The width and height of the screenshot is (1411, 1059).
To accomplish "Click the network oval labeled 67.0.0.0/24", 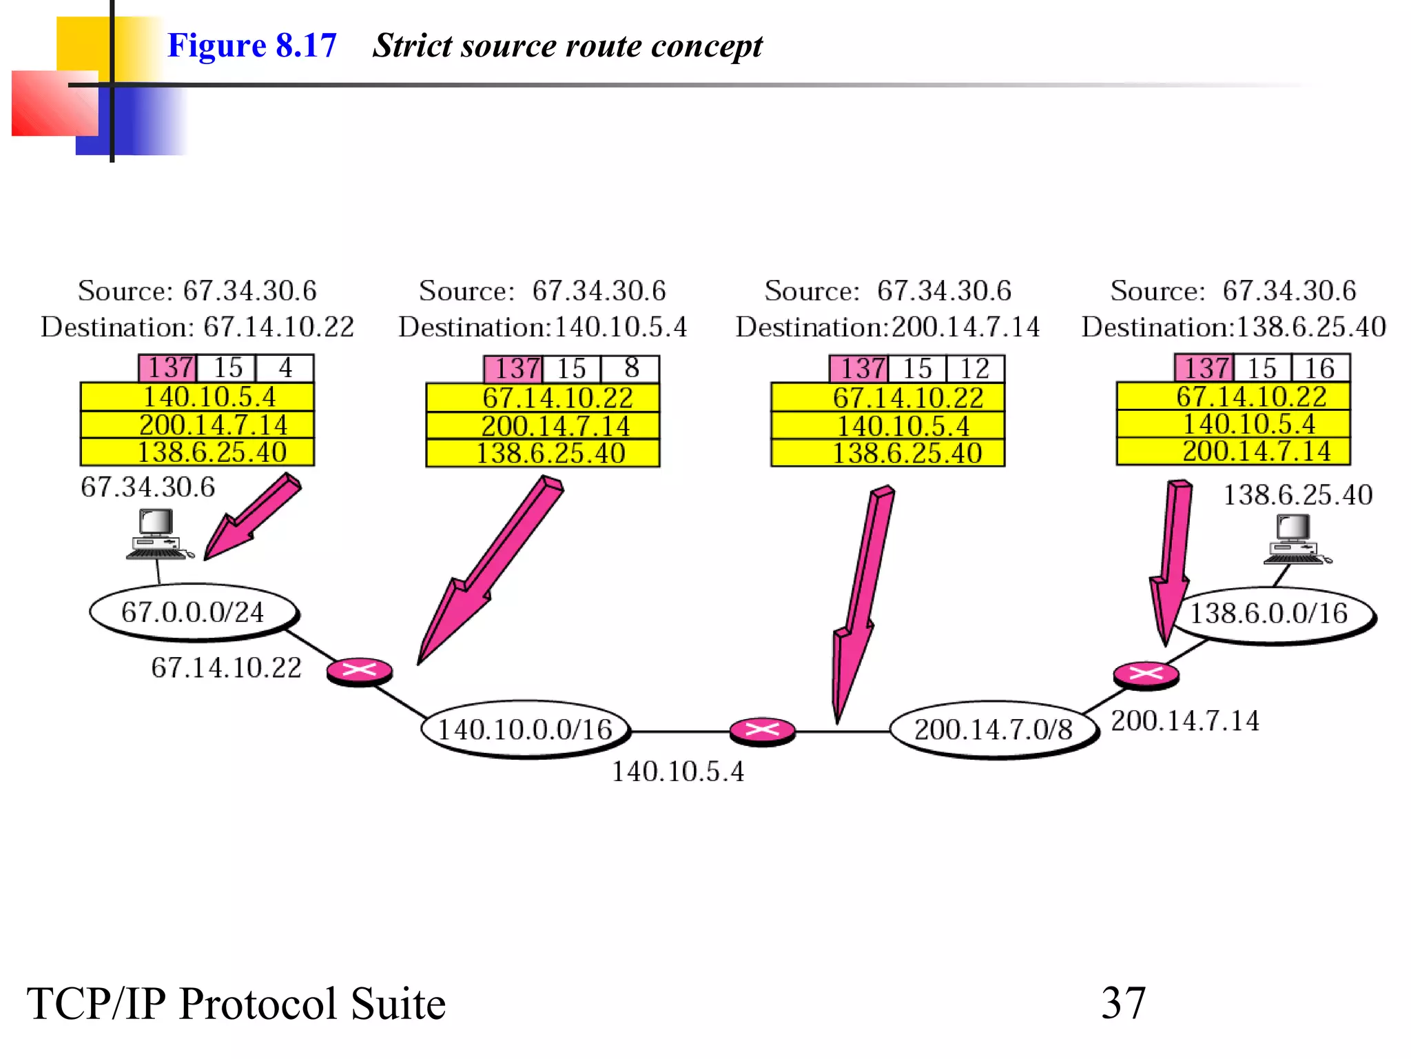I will tap(194, 612).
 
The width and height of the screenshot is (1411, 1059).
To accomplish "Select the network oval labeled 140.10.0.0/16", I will tap(526, 729).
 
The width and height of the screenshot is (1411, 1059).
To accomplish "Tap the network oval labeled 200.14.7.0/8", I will tap(993, 729).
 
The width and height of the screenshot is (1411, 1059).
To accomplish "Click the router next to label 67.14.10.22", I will tap(360, 671).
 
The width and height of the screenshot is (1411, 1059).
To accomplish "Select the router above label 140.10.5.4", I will tap(762, 731).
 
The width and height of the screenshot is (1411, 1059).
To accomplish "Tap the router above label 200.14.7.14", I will tap(1146, 674).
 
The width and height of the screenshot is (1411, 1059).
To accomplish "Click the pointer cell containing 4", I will tap(285, 368).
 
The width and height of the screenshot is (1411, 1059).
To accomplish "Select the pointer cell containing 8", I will tap(630, 369).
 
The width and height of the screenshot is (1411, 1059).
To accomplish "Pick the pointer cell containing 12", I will tap(975, 369).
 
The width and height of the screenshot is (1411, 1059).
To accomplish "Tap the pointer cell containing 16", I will tap(1320, 368).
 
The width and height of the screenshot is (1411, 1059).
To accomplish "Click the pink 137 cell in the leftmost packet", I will tap(168, 368).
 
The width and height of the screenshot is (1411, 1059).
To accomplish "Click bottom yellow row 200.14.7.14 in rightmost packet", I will tap(1233, 452).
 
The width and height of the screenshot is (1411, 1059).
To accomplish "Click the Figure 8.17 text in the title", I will tap(251, 46).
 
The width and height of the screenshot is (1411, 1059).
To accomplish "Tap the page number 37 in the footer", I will tap(1123, 1003).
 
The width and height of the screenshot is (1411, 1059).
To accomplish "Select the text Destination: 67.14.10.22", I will tap(197, 327).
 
